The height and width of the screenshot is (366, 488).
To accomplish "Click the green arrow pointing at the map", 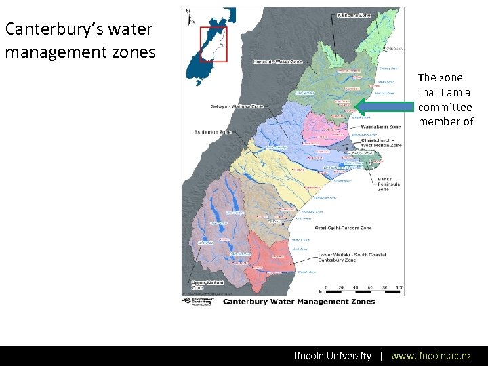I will (384, 107).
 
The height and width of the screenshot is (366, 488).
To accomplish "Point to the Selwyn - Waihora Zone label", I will (237, 106).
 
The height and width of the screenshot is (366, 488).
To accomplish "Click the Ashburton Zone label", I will (212, 131).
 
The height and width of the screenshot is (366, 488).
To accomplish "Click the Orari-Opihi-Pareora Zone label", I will (341, 228).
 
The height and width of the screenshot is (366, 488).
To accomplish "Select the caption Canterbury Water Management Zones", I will (299, 302).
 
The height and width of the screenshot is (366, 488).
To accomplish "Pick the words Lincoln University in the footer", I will (332, 356).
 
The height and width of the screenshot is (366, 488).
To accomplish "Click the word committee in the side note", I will (445, 107).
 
